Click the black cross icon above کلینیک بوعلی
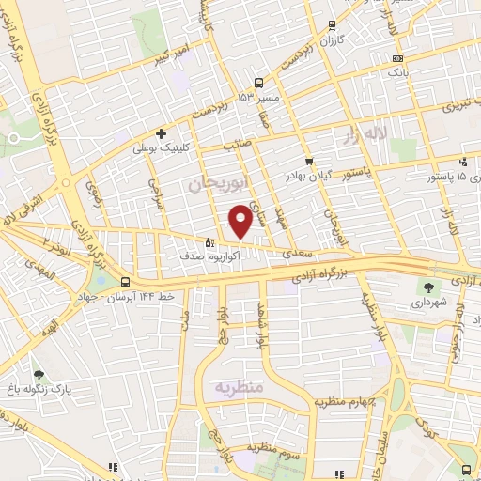tap(162, 133)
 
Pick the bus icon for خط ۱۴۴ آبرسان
tap(126, 281)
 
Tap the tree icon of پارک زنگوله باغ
tap(39, 373)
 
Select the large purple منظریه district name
tap(240, 387)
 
